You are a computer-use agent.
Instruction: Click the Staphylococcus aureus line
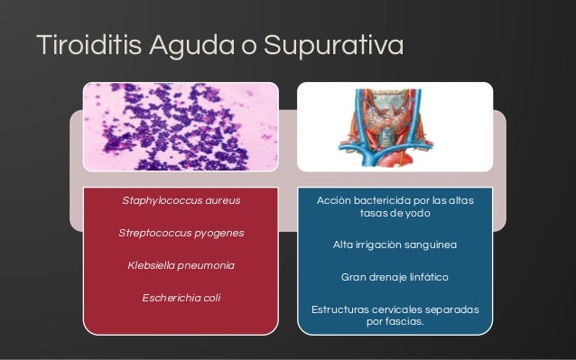(181, 199)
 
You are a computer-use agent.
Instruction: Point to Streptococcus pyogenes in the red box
(181, 233)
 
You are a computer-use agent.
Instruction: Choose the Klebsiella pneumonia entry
(181, 265)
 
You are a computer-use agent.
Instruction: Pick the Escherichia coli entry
(181, 298)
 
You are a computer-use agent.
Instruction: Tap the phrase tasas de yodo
(395, 214)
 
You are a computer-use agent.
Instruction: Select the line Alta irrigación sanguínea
(395, 245)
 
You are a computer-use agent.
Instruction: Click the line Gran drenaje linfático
(395, 278)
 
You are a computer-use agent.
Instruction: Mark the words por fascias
(395, 323)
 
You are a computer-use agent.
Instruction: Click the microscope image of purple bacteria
(181, 126)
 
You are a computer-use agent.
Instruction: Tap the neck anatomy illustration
(395, 126)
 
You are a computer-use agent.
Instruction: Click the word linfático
(423, 278)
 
